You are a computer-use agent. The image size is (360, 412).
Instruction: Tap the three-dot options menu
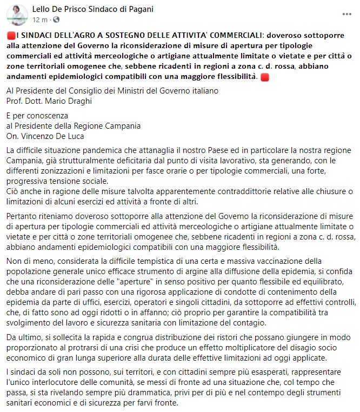point(346,14)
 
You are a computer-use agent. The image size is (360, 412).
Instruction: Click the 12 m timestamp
point(40,20)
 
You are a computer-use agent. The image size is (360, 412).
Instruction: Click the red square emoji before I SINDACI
point(11,36)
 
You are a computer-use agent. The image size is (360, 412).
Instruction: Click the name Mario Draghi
point(76,101)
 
